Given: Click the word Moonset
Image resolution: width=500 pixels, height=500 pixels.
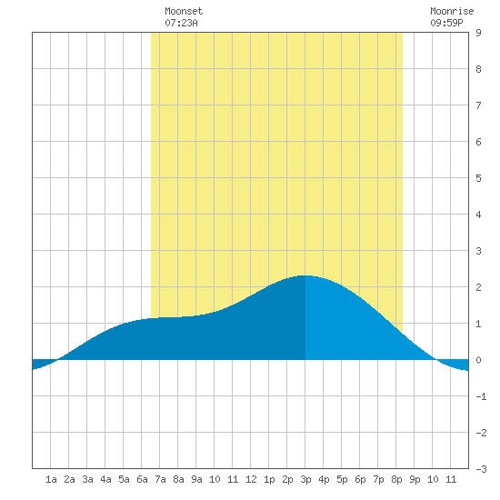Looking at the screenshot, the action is point(184,11).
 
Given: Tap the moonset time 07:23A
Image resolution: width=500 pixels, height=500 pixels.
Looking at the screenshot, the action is point(181,23).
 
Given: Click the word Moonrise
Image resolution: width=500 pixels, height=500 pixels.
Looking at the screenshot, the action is point(452,11).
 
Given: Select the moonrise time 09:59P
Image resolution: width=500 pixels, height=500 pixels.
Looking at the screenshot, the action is point(446,23).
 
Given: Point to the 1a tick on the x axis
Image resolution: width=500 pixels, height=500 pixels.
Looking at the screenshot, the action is point(51,479).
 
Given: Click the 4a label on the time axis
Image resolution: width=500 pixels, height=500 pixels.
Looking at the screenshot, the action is point(105,479).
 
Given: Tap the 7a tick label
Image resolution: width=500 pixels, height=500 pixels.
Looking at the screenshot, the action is point(160,479).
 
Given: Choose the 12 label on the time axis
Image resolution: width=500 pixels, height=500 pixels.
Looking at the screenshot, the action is point(251,479).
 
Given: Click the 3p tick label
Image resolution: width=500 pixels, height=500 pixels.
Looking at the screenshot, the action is point(305,479).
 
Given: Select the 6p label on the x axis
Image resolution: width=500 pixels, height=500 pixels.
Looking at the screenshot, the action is point(360,479).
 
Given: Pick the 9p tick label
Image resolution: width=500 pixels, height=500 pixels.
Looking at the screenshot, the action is point(415,479).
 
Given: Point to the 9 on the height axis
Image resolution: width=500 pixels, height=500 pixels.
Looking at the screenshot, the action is point(478,33).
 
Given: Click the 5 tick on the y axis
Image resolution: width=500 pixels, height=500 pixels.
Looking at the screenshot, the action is point(478,178).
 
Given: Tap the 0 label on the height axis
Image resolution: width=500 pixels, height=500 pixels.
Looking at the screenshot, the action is point(478,360).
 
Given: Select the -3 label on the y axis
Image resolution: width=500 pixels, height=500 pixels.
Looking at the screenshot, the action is point(481,469).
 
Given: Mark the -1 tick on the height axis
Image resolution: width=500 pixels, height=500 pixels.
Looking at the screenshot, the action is point(481,396).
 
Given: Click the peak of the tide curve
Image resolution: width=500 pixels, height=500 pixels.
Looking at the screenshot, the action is point(305,275).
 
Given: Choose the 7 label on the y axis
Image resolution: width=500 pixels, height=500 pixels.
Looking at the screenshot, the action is point(478,105).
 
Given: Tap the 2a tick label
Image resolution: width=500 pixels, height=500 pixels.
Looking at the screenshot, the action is point(69,479).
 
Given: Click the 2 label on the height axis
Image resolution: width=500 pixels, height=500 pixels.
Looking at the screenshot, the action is point(478,287).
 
